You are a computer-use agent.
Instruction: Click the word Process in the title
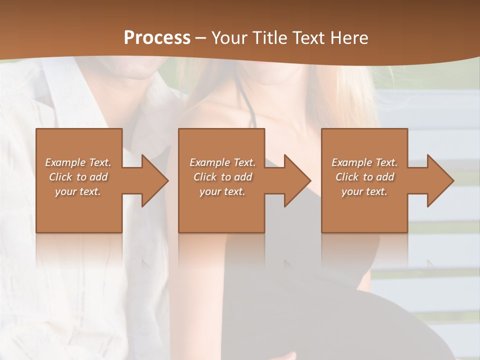click(157, 38)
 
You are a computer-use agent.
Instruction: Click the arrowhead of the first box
click(154, 180)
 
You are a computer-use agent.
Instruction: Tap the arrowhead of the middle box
click(297, 180)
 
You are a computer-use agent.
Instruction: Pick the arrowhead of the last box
click(440, 180)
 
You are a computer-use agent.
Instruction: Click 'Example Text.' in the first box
click(78, 162)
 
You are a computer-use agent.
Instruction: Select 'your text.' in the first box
click(78, 191)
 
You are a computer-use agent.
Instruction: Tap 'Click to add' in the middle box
click(222, 177)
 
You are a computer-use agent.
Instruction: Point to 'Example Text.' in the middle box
click(222, 162)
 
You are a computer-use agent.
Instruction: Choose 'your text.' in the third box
click(364, 191)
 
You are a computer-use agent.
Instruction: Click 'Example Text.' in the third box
click(364, 162)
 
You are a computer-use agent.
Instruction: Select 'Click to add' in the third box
click(365, 177)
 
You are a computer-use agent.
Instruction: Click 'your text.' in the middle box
click(222, 191)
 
